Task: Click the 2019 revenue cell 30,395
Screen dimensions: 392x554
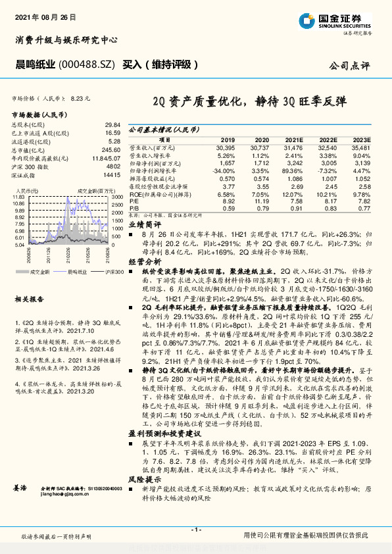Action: coord(224,148)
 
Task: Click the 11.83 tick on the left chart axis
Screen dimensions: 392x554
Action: coord(18,197)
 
